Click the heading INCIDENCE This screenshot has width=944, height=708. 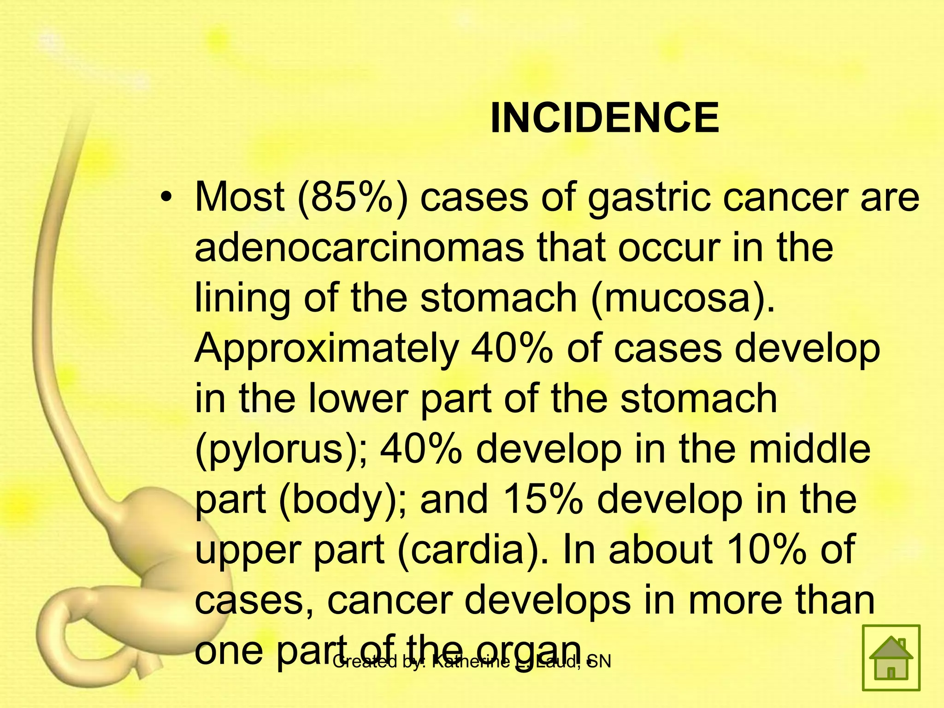click(x=604, y=119)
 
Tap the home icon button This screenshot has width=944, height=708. click(x=891, y=658)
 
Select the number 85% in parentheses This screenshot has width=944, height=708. click(x=353, y=198)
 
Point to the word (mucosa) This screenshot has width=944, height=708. click(x=683, y=298)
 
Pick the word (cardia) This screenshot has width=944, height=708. click(x=472, y=549)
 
